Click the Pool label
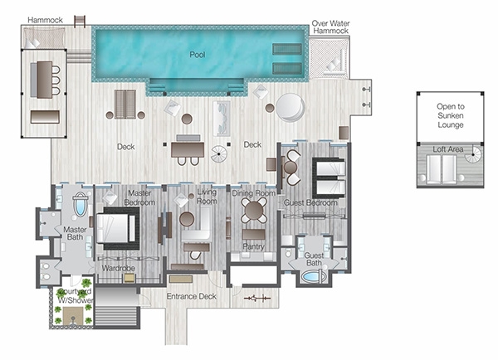coord(198,55)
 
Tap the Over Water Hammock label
coord(330,27)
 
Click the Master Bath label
coord(75,233)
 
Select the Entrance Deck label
coord(192,296)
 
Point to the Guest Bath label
coord(314,259)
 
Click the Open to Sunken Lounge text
coord(451,115)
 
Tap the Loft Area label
coord(448,148)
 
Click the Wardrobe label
coord(118,268)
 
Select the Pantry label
coord(253,246)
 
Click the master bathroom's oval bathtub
coord(81,204)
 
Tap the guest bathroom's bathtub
coord(313,276)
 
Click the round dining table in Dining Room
coord(254,210)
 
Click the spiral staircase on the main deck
coord(219,154)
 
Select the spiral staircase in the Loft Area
coord(473,154)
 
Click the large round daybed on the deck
coord(290,108)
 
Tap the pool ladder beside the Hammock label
coord(80,22)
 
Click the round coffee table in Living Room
coord(187,219)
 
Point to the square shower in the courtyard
coord(73,316)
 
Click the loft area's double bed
coord(442,169)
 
